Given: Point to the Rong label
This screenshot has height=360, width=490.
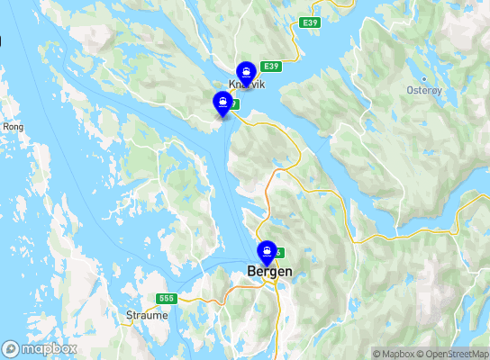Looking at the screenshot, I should [x=14, y=127].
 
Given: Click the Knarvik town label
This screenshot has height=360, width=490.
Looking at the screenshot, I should [x=245, y=85].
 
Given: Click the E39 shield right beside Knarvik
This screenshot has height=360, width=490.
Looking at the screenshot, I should [x=271, y=67].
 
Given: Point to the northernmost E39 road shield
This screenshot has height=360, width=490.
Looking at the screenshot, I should [x=311, y=22].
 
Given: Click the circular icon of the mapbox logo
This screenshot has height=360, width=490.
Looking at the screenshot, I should [x=11, y=348].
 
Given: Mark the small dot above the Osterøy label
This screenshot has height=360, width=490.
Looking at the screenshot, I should [x=413, y=79].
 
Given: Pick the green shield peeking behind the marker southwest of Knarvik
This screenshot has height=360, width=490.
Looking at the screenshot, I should [x=235, y=104].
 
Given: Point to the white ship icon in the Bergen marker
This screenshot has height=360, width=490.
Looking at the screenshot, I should [x=267, y=248].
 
